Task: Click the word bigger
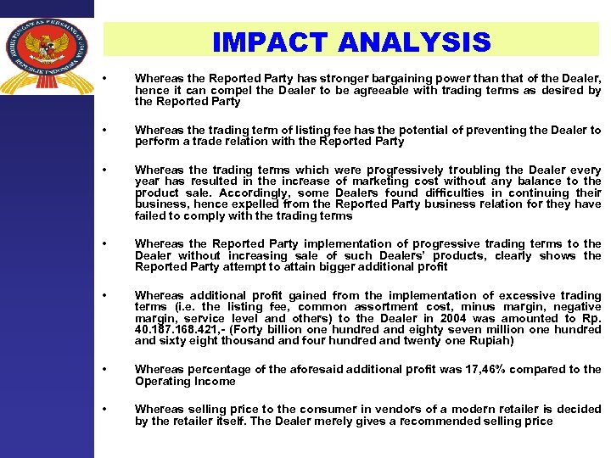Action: (319, 266)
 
